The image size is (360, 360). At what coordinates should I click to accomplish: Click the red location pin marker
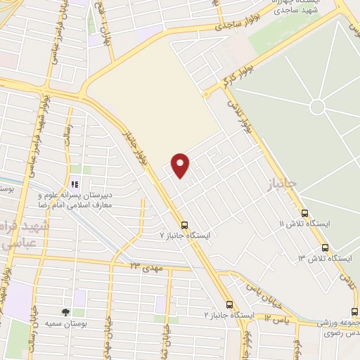pyautogui.click(x=181, y=165)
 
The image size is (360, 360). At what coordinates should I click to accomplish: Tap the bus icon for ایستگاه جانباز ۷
pyautogui.click(x=184, y=226)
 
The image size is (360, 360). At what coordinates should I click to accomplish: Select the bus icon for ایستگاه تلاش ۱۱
pyautogui.click(x=304, y=213)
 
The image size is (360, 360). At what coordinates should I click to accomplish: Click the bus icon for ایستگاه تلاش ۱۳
pyautogui.click(x=325, y=247)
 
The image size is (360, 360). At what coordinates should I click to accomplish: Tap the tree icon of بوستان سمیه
pyautogui.click(x=65, y=311)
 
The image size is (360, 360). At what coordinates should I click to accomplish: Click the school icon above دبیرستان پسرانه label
pyautogui.click(x=75, y=185)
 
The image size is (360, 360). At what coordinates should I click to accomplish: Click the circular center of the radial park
pyautogui.click(x=317, y=107)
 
